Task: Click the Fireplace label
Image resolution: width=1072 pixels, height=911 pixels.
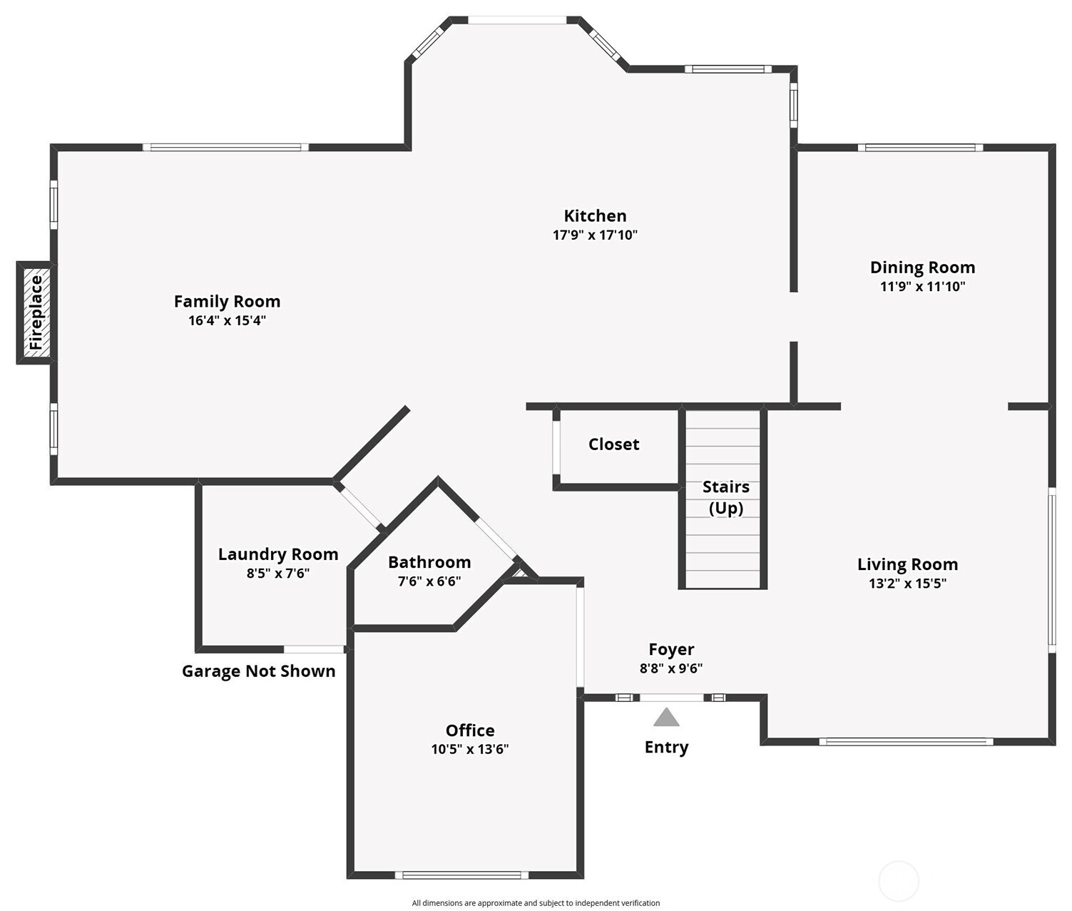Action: (x=36, y=312)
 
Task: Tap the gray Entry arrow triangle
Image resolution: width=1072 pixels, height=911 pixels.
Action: (x=666, y=718)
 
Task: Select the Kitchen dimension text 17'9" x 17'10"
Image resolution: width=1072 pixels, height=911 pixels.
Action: (x=595, y=235)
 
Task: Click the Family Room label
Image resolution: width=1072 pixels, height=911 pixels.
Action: (x=227, y=302)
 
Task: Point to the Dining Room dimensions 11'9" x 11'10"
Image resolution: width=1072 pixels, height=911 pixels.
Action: (x=922, y=287)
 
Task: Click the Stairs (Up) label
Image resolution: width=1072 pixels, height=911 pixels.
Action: (x=725, y=497)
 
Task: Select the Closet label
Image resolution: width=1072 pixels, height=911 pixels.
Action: (x=613, y=444)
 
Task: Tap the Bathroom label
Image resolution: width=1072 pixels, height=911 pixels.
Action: (x=429, y=562)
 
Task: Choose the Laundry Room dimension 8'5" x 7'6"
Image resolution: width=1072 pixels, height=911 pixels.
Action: (x=277, y=574)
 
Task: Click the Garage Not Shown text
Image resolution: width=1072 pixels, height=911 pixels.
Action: (x=258, y=671)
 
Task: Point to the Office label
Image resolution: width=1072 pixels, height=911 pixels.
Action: (x=470, y=731)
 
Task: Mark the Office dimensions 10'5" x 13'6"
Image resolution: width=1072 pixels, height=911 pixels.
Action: (x=469, y=749)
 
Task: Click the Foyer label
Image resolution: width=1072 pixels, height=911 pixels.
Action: (x=671, y=650)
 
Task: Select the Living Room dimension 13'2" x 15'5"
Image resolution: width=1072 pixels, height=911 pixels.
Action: (x=907, y=584)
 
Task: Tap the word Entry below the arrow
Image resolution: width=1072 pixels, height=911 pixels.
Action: (x=666, y=748)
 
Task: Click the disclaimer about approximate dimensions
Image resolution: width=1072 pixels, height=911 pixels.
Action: (x=536, y=903)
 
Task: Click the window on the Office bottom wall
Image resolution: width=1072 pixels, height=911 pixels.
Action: (x=461, y=875)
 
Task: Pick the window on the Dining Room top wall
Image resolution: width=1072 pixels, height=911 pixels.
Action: (x=919, y=148)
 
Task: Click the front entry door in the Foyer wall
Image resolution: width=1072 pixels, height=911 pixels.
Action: (x=671, y=698)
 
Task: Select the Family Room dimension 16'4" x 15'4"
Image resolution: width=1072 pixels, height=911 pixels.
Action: (x=227, y=321)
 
